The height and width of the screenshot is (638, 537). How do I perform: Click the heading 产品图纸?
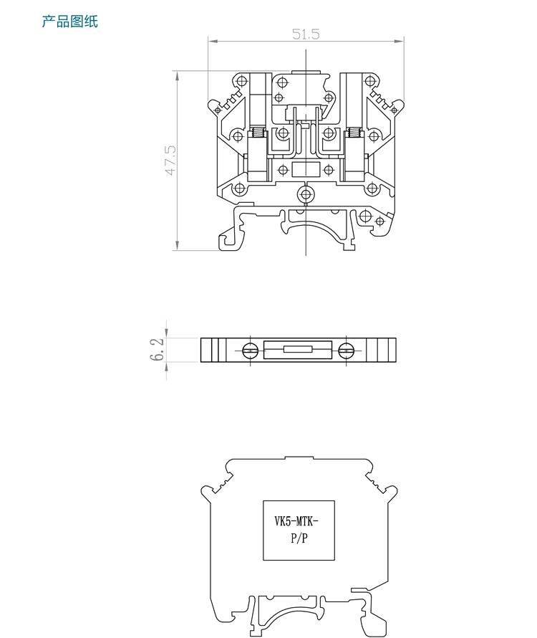coord(70,22)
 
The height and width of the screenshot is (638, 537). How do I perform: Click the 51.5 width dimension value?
coord(306,34)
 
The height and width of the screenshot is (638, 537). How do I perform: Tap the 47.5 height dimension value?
coord(170,161)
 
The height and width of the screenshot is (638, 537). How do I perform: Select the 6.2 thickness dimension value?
coord(157,350)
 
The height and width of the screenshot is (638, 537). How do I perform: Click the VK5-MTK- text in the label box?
coord(296,521)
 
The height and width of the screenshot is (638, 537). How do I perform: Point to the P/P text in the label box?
coord(299,538)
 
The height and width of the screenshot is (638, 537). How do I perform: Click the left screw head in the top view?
coord(251,350)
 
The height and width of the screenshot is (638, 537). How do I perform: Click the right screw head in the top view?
coord(346,350)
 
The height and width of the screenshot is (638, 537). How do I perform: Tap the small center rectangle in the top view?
coord(298,349)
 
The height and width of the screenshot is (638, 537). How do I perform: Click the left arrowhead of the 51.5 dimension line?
coord(211,41)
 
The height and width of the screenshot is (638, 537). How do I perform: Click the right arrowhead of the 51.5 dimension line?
coord(400,41)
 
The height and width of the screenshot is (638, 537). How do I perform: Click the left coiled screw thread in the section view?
coord(257,133)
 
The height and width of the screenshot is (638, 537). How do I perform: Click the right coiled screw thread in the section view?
coord(355,133)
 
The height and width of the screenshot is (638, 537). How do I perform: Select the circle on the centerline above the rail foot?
coord(306,194)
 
